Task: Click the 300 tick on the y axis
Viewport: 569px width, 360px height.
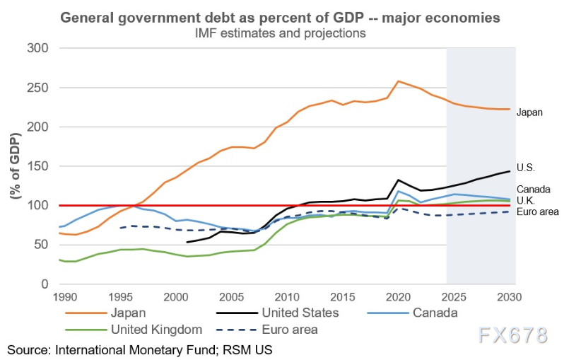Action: (40, 48)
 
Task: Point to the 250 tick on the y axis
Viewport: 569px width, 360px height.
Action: (40, 88)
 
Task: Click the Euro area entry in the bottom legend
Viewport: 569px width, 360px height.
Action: (290, 329)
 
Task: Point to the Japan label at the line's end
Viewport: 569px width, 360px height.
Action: (529, 112)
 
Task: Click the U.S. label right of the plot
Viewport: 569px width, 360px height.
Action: (527, 168)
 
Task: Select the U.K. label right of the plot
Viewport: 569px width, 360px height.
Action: (527, 201)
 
